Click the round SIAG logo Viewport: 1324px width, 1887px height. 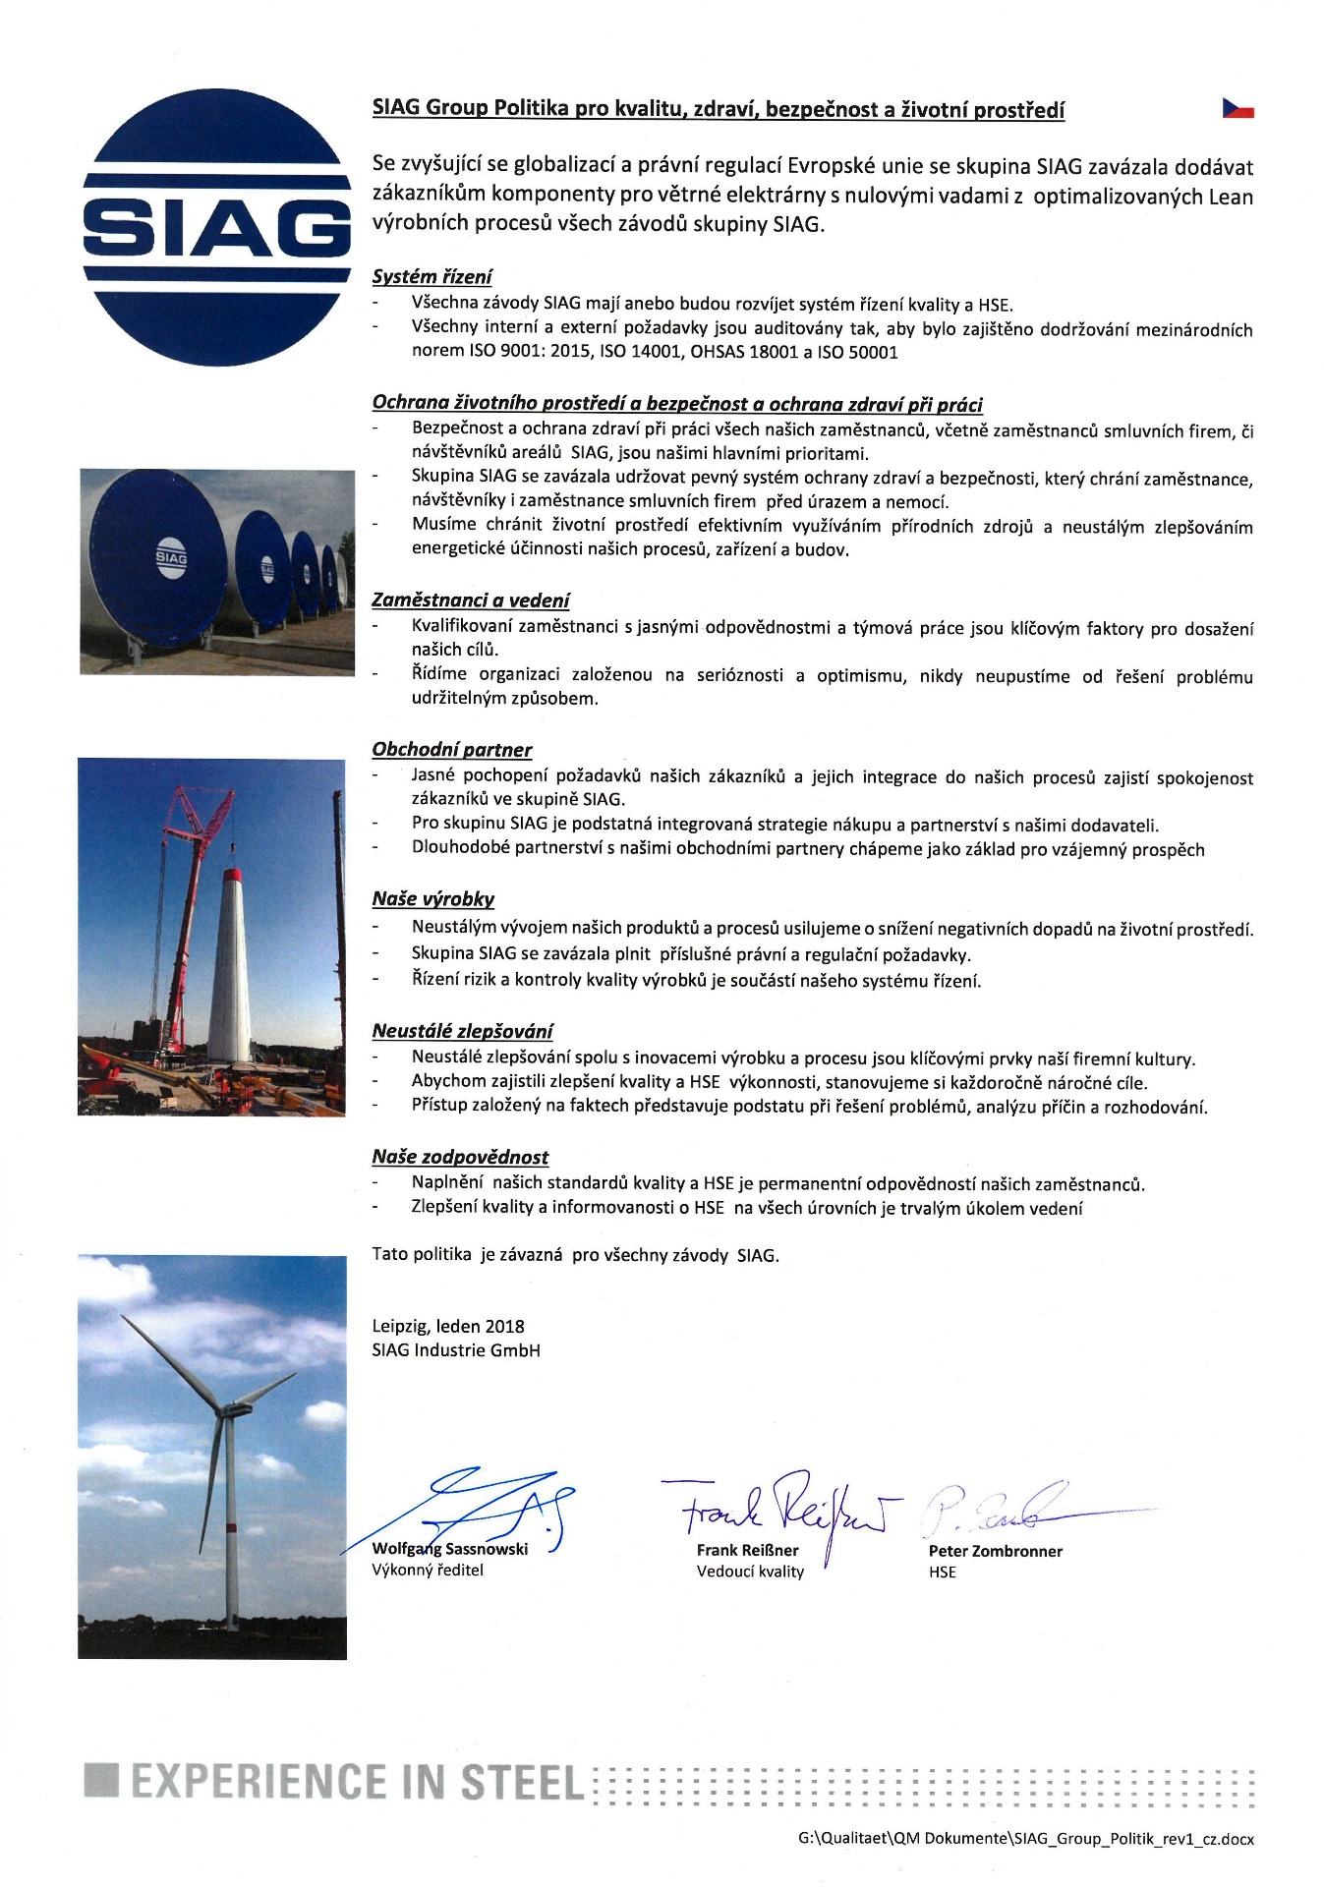pos(216,227)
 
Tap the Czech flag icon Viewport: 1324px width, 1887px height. pos(1238,108)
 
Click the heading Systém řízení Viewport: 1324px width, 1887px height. pos(432,277)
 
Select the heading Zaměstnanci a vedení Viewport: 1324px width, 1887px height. pos(470,600)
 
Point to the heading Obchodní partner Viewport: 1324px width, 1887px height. pos(451,750)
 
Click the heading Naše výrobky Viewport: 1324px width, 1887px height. pos(432,898)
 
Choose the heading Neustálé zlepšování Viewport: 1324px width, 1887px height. pos(462,1031)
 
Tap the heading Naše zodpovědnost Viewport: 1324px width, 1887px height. pos(460,1157)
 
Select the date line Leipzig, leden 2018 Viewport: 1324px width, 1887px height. pos(447,1326)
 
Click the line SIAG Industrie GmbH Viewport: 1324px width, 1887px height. pos(455,1350)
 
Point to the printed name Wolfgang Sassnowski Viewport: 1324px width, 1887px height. pos(449,1549)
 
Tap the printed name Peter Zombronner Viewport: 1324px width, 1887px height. pos(995,1551)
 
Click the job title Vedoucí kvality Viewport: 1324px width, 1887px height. pos(750,1572)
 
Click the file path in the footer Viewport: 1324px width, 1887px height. pos(1025,1839)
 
